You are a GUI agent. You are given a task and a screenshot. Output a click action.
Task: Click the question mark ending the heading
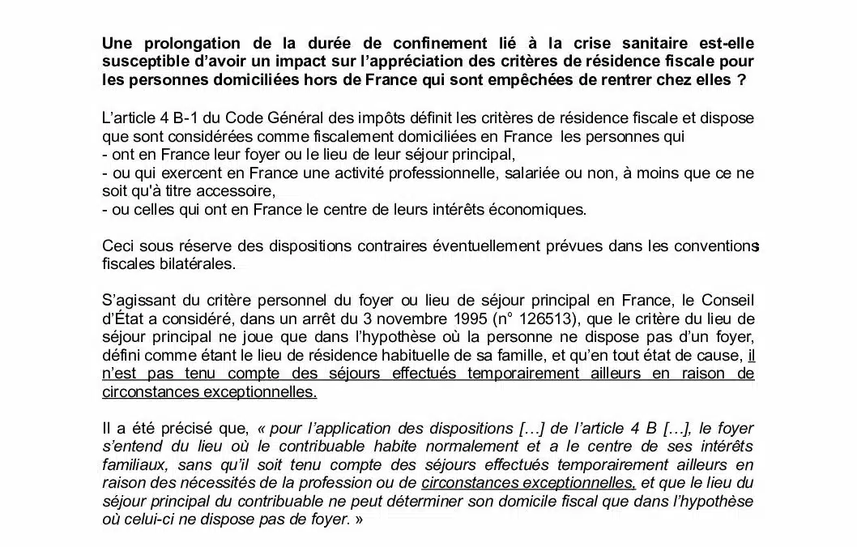click(741, 80)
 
